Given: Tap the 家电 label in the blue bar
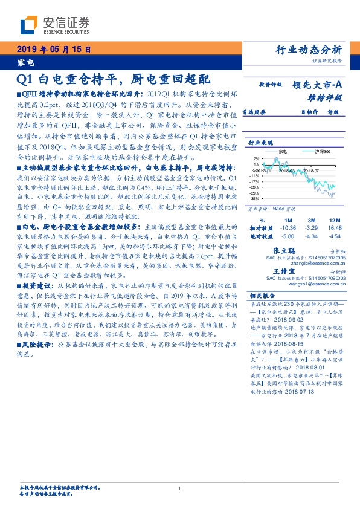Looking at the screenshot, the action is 26,62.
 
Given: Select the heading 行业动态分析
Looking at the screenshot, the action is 313,50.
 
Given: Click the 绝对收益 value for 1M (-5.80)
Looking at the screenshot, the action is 288,236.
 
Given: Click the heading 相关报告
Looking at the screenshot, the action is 263,296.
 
